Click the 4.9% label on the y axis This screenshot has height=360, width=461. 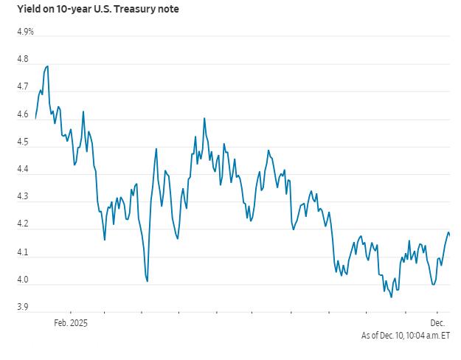[x=24, y=32]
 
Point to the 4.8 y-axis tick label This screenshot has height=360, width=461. [x=23, y=59]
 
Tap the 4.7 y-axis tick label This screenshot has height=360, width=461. [x=23, y=87]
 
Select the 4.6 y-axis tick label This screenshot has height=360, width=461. [x=23, y=114]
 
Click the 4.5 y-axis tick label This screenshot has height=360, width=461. [x=23, y=142]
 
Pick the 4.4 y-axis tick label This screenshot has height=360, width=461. [x=23, y=170]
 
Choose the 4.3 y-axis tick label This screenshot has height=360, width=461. [x=23, y=197]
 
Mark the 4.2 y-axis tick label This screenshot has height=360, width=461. [x=23, y=224]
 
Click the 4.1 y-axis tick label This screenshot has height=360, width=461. [x=23, y=252]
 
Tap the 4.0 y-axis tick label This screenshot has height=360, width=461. [x=23, y=280]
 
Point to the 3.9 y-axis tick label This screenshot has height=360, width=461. [x=23, y=307]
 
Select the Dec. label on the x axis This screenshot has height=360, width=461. [x=438, y=322]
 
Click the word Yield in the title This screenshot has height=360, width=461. [x=27, y=10]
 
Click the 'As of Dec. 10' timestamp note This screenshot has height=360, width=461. [x=405, y=336]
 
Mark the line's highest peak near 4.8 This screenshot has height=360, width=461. [x=48, y=66]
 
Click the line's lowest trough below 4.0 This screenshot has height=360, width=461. [x=390, y=297]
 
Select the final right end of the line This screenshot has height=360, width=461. [x=450, y=235]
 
